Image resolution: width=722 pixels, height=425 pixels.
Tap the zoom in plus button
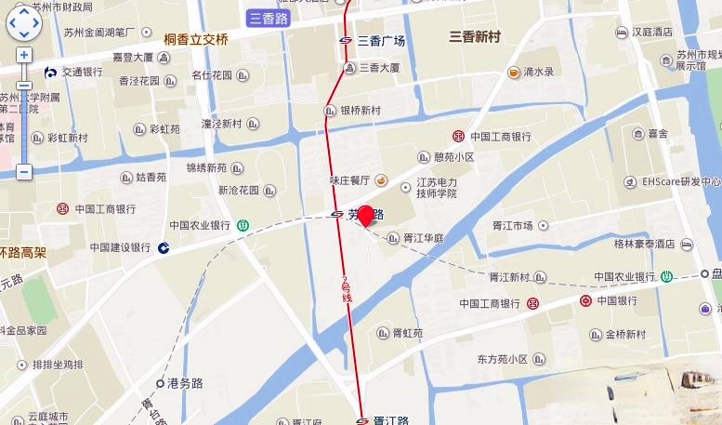pyautogui.click(x=24, y=55)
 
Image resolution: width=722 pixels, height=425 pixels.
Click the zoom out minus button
pyautogui.click(x=24, y=172)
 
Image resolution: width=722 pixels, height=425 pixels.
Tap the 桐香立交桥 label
pyautogui.click(x=195, y=39)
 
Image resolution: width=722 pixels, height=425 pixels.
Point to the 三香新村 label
pyautogui.click(x=474, y=37)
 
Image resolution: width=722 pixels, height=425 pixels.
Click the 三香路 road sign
pyautogui.click(x=269, y=18)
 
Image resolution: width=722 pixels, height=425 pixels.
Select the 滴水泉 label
pyautogui.click(x=538, y=72)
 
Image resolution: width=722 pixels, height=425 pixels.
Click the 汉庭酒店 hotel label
pyautogui.click(x=651, y=32)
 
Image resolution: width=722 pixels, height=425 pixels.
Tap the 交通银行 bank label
pyautogui.click(x=82, y=72)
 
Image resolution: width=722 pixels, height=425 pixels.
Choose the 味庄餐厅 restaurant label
pyautogui.click(x=349, y=179)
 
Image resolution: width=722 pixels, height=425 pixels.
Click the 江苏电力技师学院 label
pyautogui.click(x=436, y=188)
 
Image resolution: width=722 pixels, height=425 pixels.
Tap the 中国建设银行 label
pyautogui.click(x=120, y=247)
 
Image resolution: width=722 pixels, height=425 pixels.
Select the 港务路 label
pyautogui.click(x=185, y=382)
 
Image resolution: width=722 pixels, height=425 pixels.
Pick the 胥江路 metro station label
pyautogui.click(x=390, y=420)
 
